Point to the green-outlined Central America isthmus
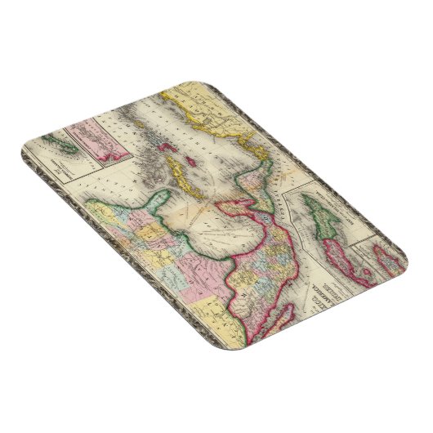245,163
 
